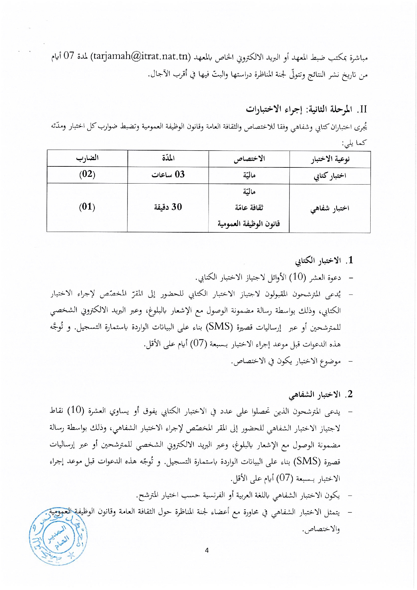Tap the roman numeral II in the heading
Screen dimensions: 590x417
coord(363,109)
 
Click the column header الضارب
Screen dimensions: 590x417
coord(87,158)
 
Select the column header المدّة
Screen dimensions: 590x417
coord(168,158)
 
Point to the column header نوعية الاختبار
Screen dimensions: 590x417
coord(330,159)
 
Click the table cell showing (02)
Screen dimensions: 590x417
coord(87,174)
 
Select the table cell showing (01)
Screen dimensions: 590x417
coord(87,207)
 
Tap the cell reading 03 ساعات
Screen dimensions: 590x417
coord(168,174)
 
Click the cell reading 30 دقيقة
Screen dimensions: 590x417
coord(168,207)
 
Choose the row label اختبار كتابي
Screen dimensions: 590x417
coord(330,175)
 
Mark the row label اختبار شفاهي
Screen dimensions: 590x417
coord(330,208)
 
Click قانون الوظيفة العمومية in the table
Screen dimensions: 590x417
coord(249,224)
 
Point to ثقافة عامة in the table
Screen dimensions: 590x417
coord(249,207)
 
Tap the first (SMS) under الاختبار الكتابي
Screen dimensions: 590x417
coord(219,326)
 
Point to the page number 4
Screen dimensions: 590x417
coord(207,550)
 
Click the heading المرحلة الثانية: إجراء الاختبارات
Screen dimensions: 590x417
coord(299,109)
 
